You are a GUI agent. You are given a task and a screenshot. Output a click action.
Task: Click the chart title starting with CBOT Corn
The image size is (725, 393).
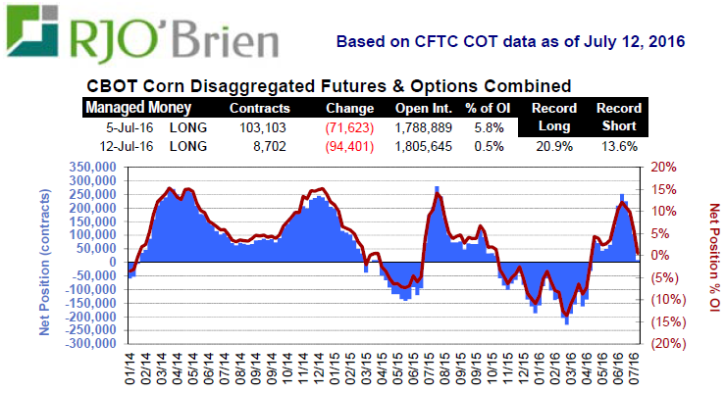(x=329, y=86)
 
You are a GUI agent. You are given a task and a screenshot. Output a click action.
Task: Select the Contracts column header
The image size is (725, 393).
(x=259, y=108)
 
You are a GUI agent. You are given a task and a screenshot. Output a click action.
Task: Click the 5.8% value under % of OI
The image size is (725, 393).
(x=489, y=127)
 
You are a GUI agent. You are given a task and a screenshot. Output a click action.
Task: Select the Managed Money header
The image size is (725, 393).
(x=138, y=108)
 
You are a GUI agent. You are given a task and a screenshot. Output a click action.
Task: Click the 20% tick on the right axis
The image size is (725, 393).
(x=664, y=167)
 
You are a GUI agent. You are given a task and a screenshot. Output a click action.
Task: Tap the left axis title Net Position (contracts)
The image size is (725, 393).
(x=45, y=257)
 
